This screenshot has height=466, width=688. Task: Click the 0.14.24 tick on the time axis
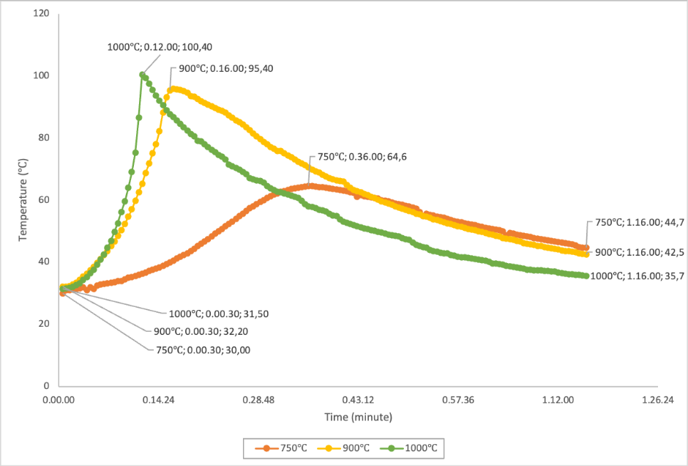coord(158,400)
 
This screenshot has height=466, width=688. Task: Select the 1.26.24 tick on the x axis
coord(657,400)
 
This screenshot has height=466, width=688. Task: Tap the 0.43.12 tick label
coord(358,400)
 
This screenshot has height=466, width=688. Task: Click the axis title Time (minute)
coord(359,417)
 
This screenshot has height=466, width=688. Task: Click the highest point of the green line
coord(142,74)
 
